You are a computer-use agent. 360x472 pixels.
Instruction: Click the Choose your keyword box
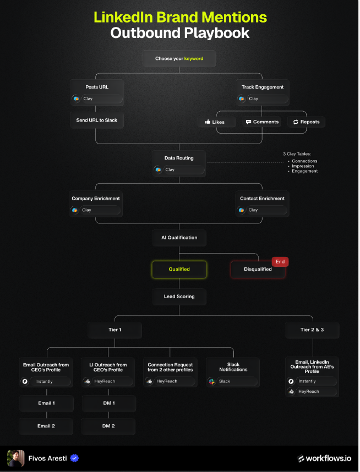click(x=179, y=58)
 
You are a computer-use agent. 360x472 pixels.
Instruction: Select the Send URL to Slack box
click(x=97, y=120)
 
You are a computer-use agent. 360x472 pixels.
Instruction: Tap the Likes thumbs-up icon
click(x=208, y=122)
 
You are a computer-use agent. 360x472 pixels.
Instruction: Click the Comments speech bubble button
click(x=262, y=122)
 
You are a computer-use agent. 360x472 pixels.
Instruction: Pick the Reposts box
click(x=307, y=122)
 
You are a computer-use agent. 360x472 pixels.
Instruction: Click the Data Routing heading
click(x=179, y=158)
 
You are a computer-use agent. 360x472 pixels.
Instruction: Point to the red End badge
click(x=280, y=262)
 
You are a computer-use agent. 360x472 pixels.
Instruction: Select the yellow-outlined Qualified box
click(x=179, y=269)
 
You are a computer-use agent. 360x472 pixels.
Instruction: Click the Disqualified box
click(x=258, y=269)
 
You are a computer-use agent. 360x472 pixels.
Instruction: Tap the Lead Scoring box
click(x=179, y=297)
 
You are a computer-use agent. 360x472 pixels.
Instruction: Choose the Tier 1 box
click(x=115, y=330)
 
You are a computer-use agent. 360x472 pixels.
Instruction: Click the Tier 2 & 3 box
click(x=312, y=330)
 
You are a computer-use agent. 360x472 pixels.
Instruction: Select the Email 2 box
click(x=46, y=426)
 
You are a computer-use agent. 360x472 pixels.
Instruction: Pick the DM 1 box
click(x=109, y=403)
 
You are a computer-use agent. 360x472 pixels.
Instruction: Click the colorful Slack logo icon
click(x=212, y=381)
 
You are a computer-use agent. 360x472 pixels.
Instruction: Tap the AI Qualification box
click(x=179, y=238)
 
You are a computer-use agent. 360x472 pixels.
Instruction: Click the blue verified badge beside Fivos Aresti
click(x=74, y=458)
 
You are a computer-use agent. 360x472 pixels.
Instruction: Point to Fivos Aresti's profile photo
click(x=15, y=458)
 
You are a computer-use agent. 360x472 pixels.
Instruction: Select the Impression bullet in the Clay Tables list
click(x=302, y=166)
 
